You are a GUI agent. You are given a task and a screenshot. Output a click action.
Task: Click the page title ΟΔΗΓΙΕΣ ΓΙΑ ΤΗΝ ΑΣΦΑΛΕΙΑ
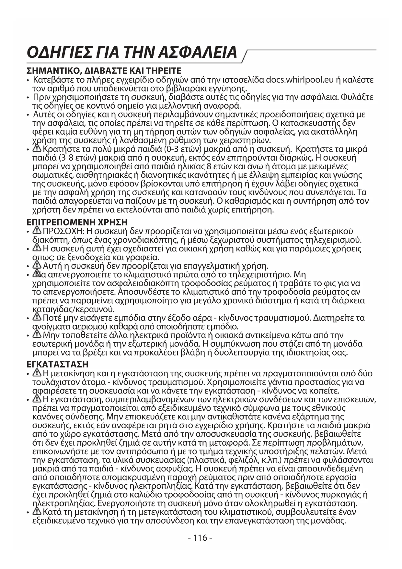tap(132, 52)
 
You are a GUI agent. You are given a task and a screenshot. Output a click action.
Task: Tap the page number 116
tap(200, 538)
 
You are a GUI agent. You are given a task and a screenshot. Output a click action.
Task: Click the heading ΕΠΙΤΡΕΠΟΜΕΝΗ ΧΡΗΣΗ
tap(77, 222)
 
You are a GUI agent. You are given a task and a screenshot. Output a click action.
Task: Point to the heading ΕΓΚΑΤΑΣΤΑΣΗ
tap(57, 364)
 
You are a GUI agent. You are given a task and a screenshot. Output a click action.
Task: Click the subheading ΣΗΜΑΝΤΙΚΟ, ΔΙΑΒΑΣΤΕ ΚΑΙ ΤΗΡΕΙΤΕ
tap(104, 71)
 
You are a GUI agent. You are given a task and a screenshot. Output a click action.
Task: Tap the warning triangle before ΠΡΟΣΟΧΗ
tap(37, 231)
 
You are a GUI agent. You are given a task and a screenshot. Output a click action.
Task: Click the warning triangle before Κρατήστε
tap(37, 149)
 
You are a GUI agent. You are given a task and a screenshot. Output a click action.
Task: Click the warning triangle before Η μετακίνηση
tap(37, 373)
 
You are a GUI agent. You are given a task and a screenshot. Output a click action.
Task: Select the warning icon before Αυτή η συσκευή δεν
tap(37, 266)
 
